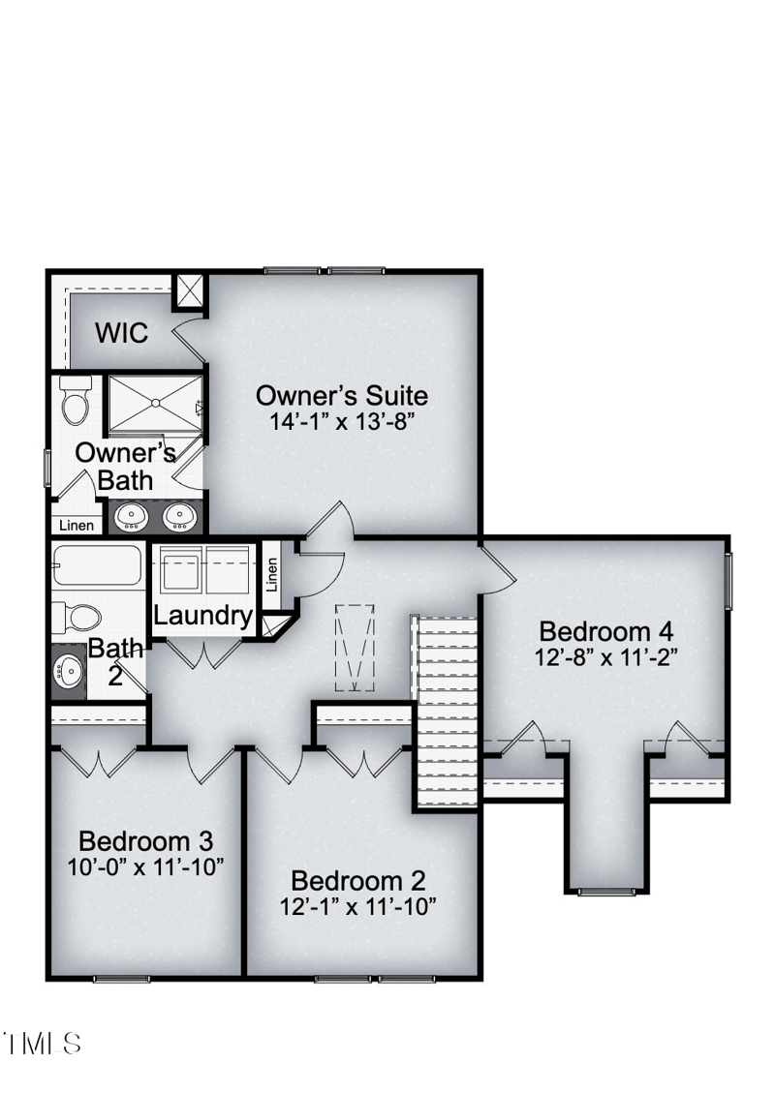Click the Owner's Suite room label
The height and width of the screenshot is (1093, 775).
tap(341, 395)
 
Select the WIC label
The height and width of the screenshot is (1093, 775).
tap(122, 333)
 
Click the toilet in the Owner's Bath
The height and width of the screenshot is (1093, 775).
tap(76, 399)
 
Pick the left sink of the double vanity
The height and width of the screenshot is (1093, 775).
tap(131, 518)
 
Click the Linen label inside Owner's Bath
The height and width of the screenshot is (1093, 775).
tap(77, 526)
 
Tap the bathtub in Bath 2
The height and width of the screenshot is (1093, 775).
tap(97, 565)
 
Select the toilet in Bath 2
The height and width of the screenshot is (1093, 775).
tap(77, 617)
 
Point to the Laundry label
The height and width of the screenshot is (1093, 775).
tap(203, 615)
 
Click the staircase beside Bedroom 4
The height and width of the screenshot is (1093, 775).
tap(446, 712)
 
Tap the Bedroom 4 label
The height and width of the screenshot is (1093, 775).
tap(605, 631)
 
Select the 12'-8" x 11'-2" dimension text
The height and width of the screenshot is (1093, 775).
tap(605, 655)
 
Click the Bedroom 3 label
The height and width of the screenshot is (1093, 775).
tap(145, 839)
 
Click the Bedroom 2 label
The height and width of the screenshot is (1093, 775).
tap(358, 881)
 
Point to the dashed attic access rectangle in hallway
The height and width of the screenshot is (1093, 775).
tap(355, 647)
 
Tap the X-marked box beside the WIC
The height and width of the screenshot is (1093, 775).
tap(190, 290)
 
